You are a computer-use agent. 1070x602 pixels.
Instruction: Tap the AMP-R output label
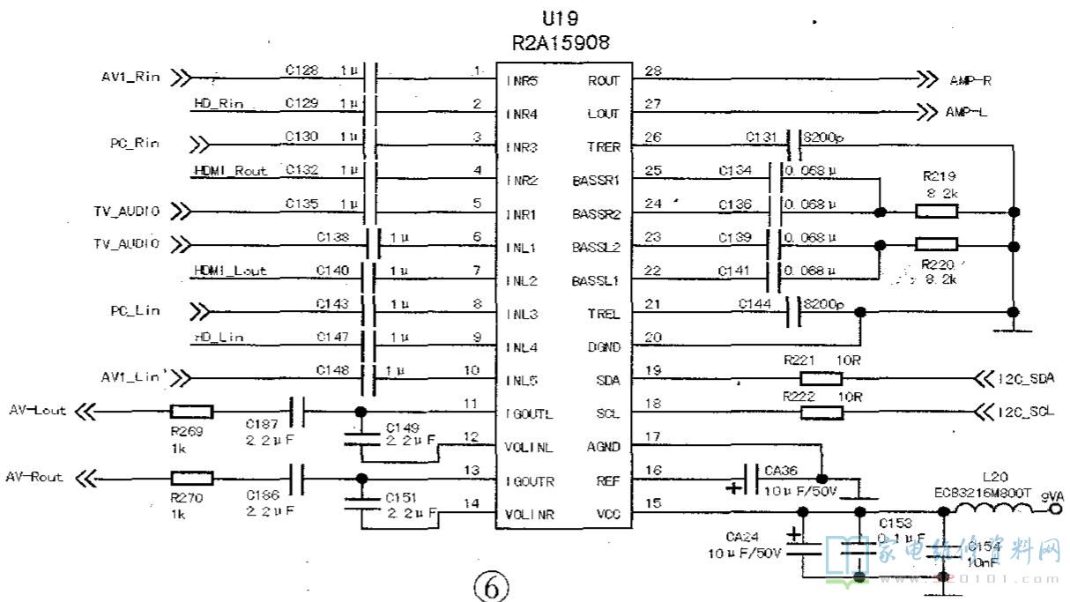(970, 80)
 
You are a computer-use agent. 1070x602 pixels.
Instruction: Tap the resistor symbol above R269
(191, 411)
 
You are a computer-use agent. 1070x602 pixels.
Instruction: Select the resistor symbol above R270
(191, 479)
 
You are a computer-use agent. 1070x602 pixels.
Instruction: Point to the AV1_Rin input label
(130, 77)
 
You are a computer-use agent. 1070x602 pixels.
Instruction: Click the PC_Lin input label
(135, 311)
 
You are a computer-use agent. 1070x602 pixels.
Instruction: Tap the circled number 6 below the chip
(492, 585)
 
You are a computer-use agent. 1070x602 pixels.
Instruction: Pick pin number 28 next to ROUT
(653, 71)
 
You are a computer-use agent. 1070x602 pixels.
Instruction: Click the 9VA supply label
(1052, 494)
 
